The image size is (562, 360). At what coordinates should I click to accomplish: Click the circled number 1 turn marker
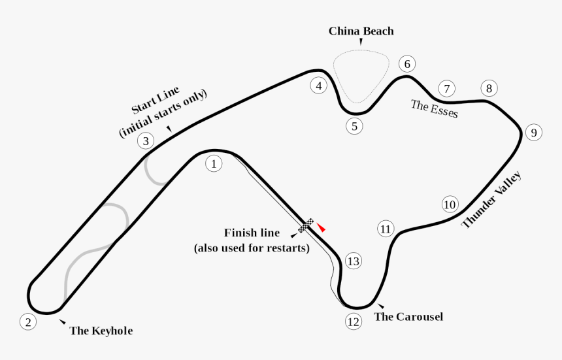[213, 163]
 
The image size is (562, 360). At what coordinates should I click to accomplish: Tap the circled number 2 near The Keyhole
[27, 321]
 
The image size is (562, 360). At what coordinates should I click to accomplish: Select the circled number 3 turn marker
[146, 140]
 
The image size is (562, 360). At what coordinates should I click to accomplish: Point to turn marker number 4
[318, 86]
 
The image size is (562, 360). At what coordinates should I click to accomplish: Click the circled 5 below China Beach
[354, 127]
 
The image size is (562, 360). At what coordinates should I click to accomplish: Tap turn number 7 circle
[447, 88]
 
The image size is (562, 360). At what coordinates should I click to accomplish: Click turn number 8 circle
[489, 88]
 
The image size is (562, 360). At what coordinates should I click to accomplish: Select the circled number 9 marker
[533, 133]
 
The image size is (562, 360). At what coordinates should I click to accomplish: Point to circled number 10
[450, 205]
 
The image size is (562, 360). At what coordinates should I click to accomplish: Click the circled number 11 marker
[386, 229]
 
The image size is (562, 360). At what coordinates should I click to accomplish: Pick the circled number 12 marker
[354, 321]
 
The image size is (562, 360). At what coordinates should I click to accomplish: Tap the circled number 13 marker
[353, 261]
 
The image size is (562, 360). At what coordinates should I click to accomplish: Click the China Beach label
[361, 31]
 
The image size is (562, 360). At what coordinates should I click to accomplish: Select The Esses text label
[435, 108]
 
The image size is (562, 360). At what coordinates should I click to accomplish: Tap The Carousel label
[408, 317]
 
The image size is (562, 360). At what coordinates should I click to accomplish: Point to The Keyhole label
[101, 331]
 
